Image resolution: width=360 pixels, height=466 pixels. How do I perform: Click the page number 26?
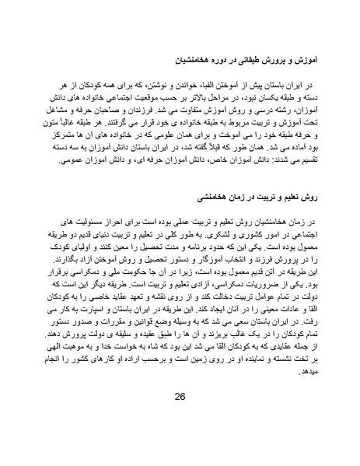(180, 417)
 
